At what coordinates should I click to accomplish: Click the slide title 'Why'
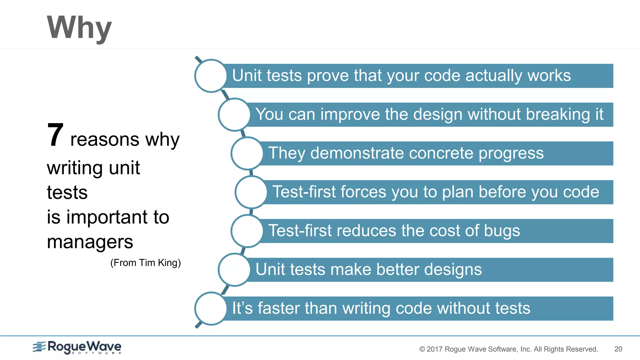[79, 28]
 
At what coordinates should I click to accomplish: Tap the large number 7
[56, 135]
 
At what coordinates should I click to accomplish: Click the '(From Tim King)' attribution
[146, 262]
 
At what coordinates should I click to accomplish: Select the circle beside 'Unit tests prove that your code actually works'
[211, 76]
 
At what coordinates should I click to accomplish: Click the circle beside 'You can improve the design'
[234, 115]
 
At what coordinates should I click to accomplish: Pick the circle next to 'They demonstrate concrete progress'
[247, 153]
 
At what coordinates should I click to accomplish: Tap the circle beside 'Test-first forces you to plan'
[251, 192]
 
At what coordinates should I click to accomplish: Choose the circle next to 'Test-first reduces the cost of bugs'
[247, 231]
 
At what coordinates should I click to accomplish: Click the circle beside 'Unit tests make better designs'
[234, 270]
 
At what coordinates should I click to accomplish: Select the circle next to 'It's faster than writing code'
[211, 308]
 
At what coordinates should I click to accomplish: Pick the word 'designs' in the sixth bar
[453, 270]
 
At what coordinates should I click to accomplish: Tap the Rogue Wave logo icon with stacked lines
[39, 347]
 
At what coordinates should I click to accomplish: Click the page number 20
[618, 349]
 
